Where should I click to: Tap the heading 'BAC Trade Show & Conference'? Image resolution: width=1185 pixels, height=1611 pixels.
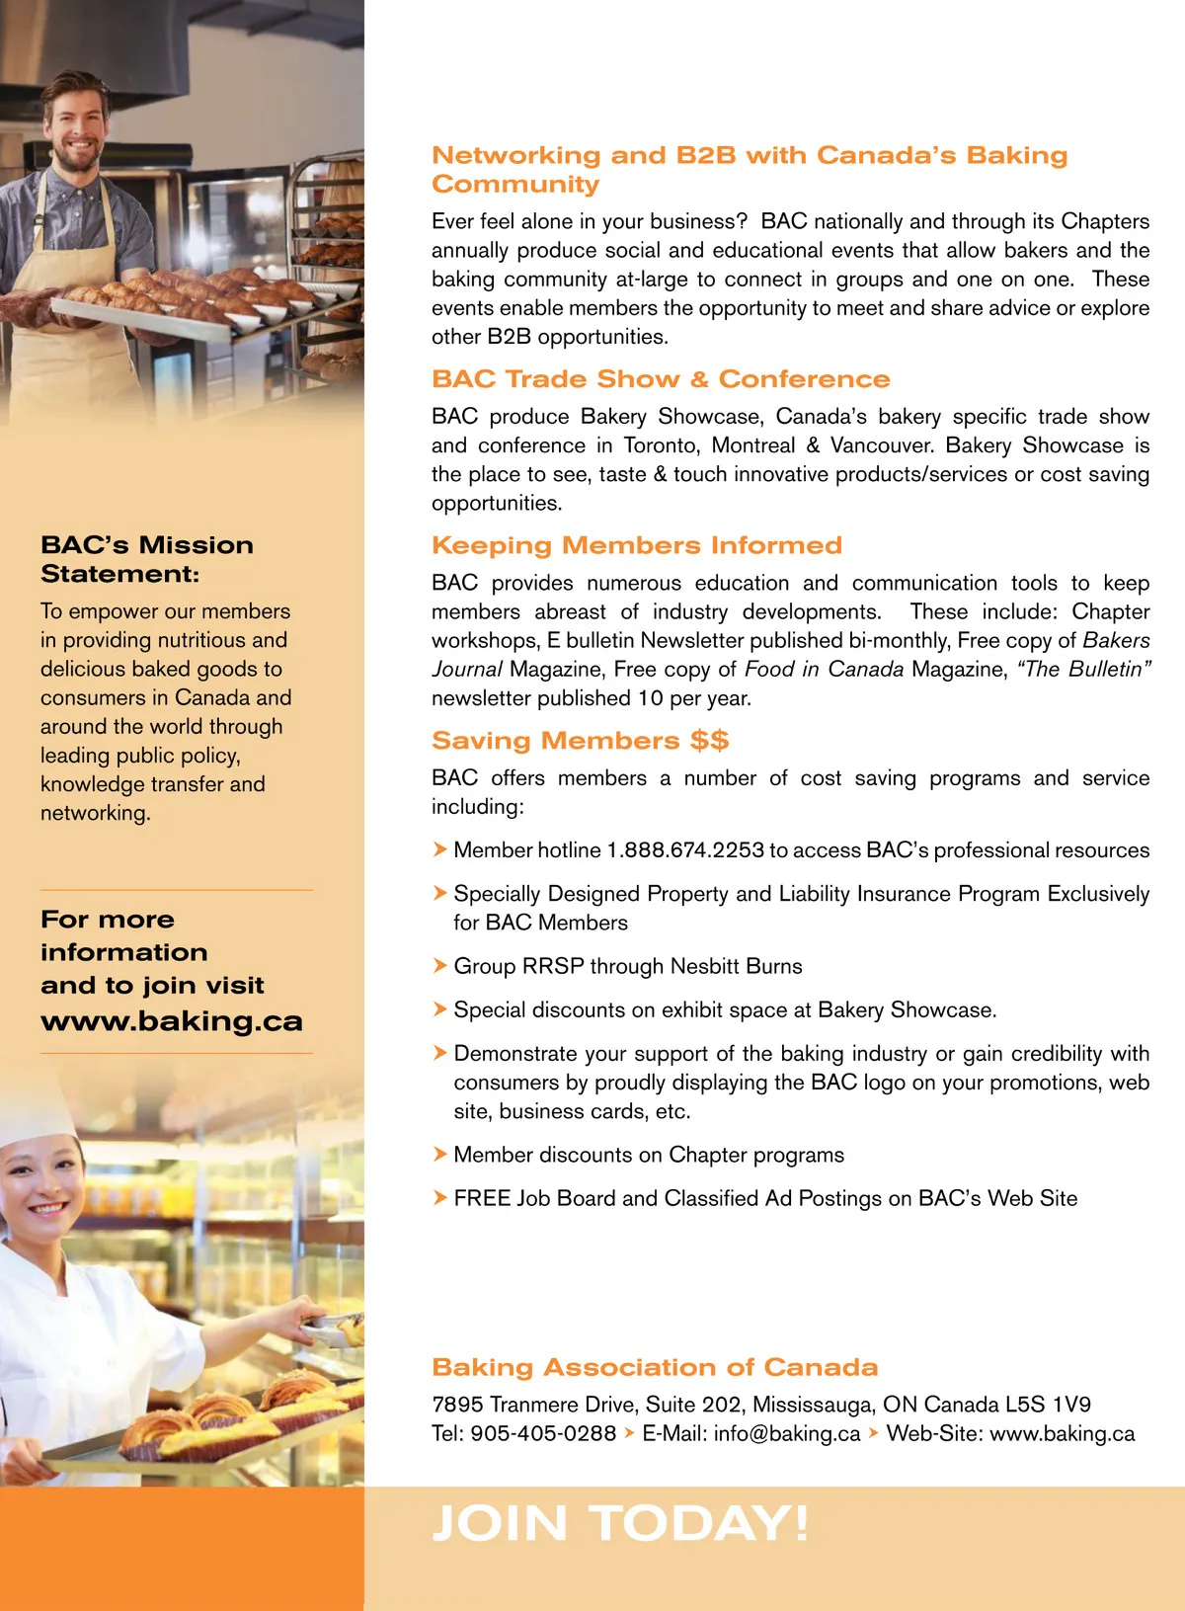point(661,379)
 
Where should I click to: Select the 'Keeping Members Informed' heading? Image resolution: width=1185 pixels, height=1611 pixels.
point(637,545)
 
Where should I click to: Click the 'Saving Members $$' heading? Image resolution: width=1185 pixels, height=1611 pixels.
point(580,741)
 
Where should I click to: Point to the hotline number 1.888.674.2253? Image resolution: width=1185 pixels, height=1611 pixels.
point(685,850)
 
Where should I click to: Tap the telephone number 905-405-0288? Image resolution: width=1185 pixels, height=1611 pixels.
point(543,1433)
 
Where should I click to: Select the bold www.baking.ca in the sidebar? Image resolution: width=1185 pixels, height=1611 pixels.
point(172,1021)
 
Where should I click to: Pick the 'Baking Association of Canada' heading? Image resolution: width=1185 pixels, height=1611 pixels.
point(655,1367)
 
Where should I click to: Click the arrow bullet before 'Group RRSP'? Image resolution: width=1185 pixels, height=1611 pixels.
point(440,966)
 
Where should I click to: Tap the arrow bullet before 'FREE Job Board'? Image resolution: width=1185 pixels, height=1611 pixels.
point(440,1198)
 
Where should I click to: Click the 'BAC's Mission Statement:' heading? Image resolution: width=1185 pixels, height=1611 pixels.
point(147,559)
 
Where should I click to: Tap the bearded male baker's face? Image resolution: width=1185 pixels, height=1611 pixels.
point(77,128)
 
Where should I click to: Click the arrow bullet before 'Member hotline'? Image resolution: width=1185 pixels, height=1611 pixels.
point(440,849)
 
